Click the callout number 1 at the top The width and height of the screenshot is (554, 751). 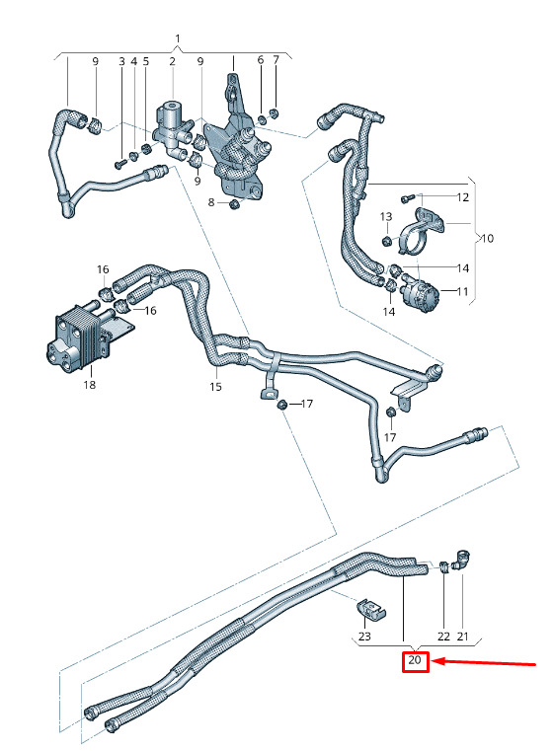pos(178,38)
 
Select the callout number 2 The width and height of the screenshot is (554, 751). pos(172,61)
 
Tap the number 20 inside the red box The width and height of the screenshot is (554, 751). pos(415,660)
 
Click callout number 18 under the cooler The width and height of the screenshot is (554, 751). pos(90,385)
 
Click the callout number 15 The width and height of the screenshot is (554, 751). pos(215,387)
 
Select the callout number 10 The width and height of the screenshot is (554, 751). pos(487,238)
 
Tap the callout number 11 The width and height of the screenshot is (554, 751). pos(462,291)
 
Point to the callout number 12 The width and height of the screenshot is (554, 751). pos(462,197)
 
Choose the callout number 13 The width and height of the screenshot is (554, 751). pos(386,217)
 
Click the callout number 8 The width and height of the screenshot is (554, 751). pos(211,202)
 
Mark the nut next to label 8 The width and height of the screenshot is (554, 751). pos(235,204)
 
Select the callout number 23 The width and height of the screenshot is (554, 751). pos(364,637)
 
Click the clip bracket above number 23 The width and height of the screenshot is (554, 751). pos(371,608)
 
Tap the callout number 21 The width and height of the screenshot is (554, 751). pos(462,637)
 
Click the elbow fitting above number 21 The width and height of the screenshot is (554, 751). pos(462,560)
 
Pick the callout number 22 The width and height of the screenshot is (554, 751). pos(443,637)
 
